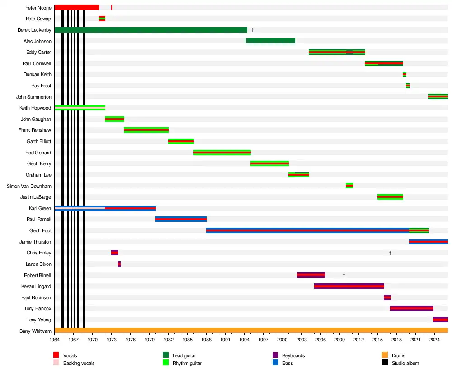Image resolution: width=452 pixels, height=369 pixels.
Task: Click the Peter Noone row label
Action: pos(38,8)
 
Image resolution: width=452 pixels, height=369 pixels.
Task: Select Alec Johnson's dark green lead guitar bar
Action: pos(270,41)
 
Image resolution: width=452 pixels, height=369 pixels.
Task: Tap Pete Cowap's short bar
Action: pos(102,19)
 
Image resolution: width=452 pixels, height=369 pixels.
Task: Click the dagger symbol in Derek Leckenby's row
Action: pos(253,30)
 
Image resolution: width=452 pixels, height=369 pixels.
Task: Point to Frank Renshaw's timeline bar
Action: pos(146,130)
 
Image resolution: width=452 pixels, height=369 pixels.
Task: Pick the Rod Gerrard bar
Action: pos(222,153)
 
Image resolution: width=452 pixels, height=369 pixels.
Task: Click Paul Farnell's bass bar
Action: pos(181,219)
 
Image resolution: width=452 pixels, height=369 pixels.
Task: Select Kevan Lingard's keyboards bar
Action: pos(349,286)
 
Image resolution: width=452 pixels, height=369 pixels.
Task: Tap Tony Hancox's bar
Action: pos(411,308)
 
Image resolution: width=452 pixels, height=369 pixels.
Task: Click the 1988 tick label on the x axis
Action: pos(207,339)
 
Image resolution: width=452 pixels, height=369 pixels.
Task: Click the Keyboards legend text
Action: pos(293,355)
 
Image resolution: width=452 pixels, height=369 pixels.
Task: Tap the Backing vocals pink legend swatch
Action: pos(56,363)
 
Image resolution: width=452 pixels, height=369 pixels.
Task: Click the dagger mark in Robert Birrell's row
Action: pos(344,275)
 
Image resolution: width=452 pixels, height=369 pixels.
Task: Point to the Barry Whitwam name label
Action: pos(35,331)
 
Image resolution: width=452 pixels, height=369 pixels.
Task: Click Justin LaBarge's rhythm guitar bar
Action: pos(390,197)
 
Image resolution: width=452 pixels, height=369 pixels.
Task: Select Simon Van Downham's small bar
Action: pos(349,186)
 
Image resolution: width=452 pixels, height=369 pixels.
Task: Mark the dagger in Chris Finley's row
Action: pos(390,253)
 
